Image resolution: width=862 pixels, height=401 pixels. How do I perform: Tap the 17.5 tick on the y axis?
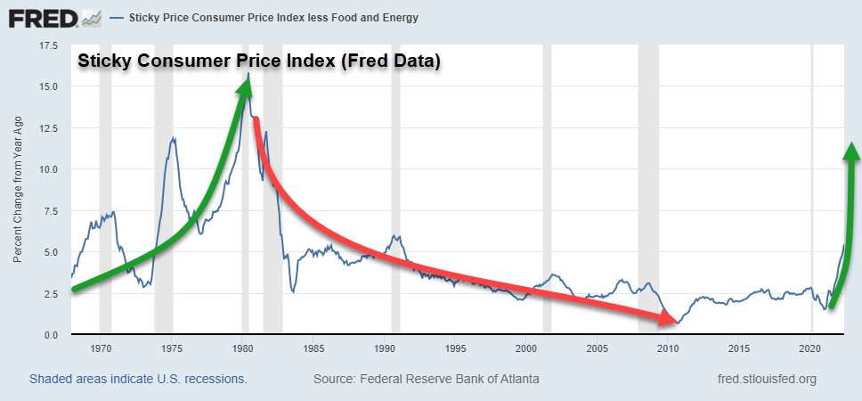point(47,46)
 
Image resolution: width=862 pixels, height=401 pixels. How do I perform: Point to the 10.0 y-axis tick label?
point(47,169)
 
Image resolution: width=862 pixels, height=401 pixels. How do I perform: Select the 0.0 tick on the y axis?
point(49,335)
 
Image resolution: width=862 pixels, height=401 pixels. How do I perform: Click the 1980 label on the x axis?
point(243,348)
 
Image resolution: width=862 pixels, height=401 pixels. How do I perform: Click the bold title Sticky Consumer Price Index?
point(259,62)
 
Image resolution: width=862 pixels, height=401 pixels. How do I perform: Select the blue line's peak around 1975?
point(174,138)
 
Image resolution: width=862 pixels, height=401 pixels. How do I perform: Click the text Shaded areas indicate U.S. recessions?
point(138,380)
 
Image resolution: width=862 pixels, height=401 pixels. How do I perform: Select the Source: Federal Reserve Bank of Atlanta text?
point(426,380)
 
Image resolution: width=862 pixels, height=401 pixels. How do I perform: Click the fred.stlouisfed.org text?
point(767,380)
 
